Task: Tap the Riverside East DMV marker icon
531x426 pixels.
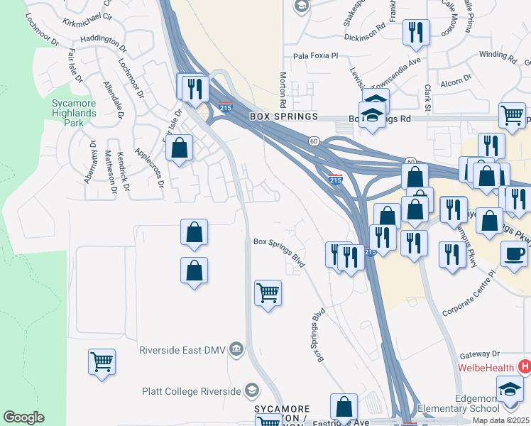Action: [236, 348]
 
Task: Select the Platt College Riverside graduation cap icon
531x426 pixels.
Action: [251, 390]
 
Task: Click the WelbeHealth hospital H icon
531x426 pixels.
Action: [525, 367]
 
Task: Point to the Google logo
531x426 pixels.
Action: [23, 417]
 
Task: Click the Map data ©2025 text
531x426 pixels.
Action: [501, 420]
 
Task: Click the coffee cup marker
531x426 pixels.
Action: [514, 253]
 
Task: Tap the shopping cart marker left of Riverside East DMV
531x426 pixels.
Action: [102, 361]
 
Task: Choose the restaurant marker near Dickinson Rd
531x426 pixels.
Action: [415, 32]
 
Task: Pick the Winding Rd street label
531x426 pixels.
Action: [498, 54]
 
